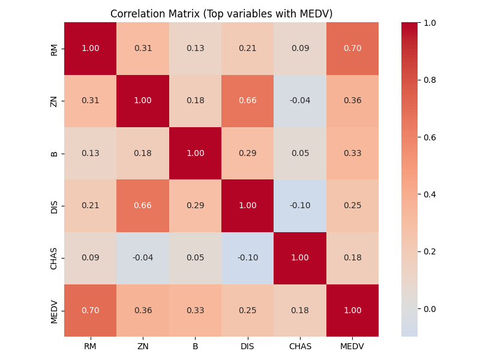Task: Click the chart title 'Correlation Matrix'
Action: coord(221,14)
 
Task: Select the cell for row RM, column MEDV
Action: coord(353,49)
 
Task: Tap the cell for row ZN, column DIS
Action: coord(248,101)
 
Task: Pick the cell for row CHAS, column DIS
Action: coord(248,258)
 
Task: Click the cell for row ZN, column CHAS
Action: coord(300,101)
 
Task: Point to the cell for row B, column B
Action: coord(195,153)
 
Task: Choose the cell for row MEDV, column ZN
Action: coord(143,310)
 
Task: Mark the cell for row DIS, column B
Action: coord(195,206)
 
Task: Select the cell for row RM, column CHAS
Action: coord(300,49)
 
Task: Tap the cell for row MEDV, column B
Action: coord(195,310)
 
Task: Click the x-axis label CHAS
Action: coord(300,346)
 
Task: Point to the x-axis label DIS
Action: coord(248,346)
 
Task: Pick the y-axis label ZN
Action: coord(55,101)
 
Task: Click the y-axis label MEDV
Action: coord(55,310)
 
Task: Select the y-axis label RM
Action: coord(55,49)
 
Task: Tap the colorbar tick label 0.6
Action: coord(430,137)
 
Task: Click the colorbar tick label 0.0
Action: coord(430,309)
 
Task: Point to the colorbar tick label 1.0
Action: coord(430,23)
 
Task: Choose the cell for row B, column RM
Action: coord(91,153)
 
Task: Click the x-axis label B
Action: coord(195,346)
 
